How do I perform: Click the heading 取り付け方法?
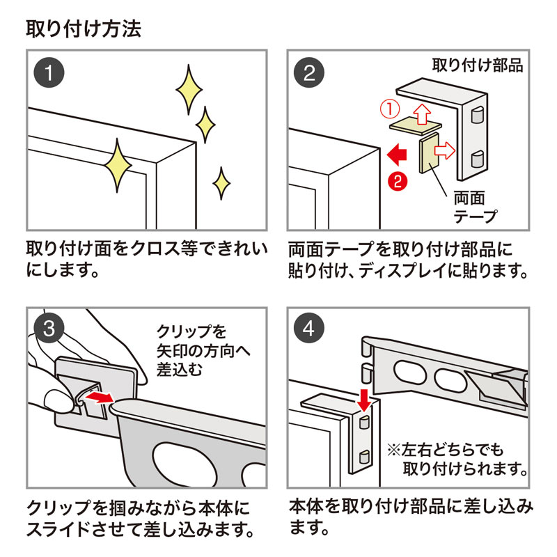coord(84,29)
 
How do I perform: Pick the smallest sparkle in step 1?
coord(221,182)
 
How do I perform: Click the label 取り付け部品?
coord(478,66)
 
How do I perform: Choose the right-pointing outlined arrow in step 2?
coord(445,149)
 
